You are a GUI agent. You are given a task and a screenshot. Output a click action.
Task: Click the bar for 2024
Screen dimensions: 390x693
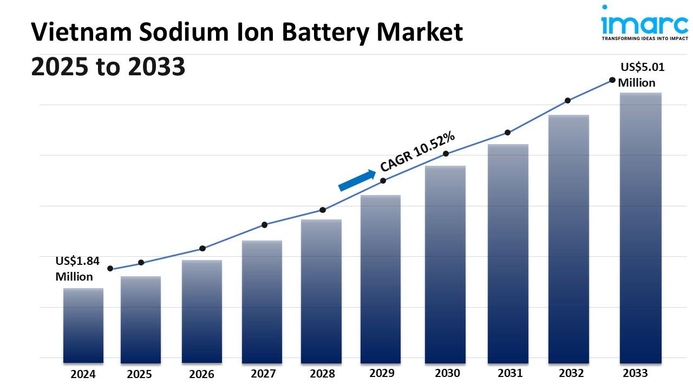[x=83, y=325]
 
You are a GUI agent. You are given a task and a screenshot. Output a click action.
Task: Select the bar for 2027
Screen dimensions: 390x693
[x=262, y=301]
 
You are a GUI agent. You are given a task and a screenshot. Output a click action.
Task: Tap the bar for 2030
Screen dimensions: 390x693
[x=445, y=264]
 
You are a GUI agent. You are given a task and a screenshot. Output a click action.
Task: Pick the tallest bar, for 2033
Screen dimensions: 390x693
[x=640, y=227]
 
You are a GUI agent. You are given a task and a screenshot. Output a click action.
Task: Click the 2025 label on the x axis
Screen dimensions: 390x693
[x=140, y=374]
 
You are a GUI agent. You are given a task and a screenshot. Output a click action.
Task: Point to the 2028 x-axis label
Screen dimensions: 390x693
[x=322, y=374]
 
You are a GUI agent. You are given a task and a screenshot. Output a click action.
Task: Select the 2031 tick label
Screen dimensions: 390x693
[x=509, y=373]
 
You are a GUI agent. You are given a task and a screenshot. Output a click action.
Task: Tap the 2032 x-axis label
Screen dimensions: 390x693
[x=571, y=373]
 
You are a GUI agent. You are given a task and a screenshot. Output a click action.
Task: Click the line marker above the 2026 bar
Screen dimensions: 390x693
[x=202, y=249]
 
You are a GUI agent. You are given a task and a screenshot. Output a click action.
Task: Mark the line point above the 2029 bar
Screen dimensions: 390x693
[x=383, y=181]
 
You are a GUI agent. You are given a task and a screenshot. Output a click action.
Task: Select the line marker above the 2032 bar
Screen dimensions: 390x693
[x=567, y=101]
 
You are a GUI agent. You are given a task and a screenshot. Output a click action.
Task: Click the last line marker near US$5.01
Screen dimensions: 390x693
[x=612, y=80]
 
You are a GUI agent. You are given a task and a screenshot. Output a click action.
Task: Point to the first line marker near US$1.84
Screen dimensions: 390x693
[x=110, y=269]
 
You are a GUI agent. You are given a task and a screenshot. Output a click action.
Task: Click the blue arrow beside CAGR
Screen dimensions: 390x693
[x=357, y=180]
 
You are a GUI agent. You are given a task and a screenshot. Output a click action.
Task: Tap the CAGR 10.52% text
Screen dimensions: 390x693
[x=417, y=152]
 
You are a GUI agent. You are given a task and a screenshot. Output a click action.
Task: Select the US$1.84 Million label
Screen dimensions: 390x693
[x=77, y=269]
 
